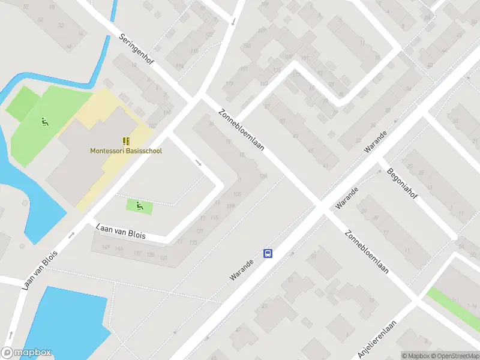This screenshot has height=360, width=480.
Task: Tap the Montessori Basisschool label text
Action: pyautogui.click(x=126, y=151)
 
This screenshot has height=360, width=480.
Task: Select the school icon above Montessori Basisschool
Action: pyautogui.click(x=126, y=141)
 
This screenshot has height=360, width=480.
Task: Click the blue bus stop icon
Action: pyautogui.click(x=268, y=254)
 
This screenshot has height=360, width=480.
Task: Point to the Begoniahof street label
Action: pyautogui.click(x=402, y=178)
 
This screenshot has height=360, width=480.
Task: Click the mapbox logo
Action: pyautogui.click(x=26, y=353)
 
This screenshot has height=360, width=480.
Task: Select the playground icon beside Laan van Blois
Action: pyautogui.click(x=139, y=206)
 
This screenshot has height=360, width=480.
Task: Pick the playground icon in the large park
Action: pyautogui.click(x=44, y=122)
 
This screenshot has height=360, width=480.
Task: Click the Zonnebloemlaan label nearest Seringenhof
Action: pyautogui.click(x=242, y=130)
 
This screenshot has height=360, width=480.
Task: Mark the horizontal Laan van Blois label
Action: pyautogui.click(x=121, y=232)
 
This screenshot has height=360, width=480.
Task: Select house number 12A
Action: pyautogui.click(x=262, y=176)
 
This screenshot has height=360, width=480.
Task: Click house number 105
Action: pyautogui.click(x=238, y=193)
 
